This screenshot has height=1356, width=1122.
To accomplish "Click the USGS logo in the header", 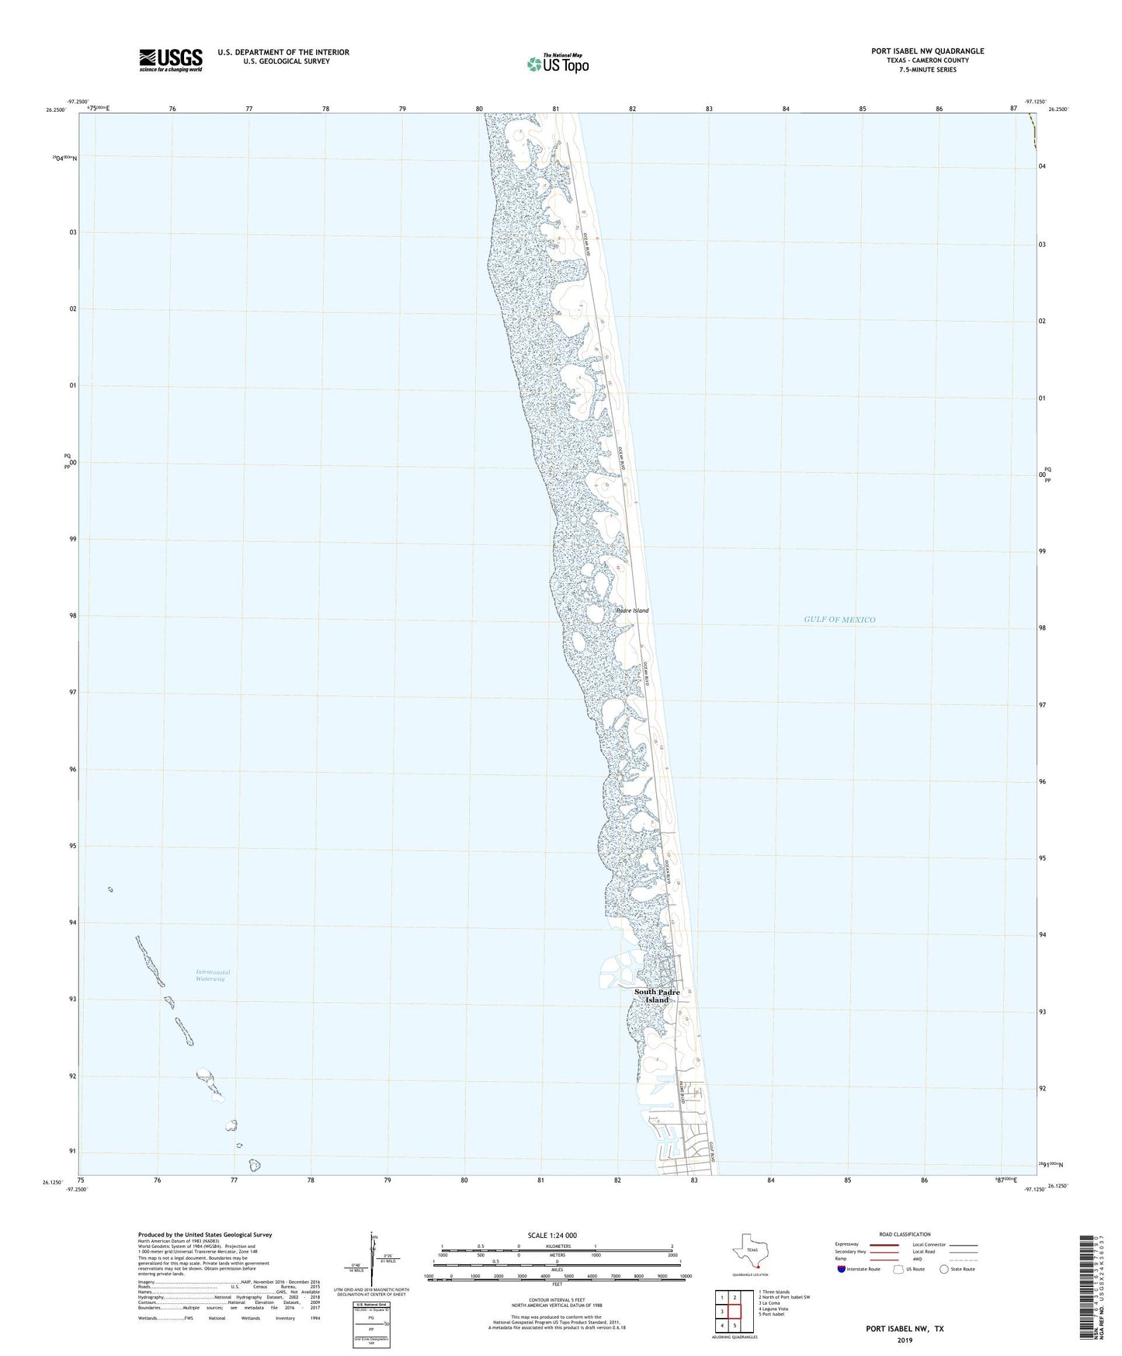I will click(x=171, y=59).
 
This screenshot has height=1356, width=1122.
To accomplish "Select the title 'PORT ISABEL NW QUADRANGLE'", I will click(x=927, y=51).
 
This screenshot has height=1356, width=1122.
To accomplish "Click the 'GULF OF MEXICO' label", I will click(x=839, y=620).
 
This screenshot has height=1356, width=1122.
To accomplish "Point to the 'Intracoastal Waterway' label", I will click(x=213, y=975).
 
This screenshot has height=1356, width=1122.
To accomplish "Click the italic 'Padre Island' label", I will click(x=632, y=610).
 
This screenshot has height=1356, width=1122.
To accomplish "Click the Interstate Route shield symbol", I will click(x=842, y=1269).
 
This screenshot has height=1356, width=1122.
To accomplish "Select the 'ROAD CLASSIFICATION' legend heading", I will click(x=905, y=1234).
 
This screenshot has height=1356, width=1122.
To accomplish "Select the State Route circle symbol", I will click(x=943, y=1269).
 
